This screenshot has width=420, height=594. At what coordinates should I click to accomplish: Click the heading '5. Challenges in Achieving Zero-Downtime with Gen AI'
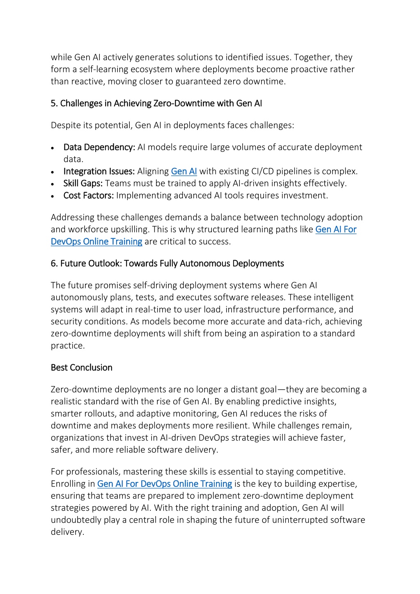point(156,103)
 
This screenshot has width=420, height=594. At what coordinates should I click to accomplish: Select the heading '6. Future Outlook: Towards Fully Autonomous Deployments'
point(167,264)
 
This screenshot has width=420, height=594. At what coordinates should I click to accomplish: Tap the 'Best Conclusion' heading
point(81,367)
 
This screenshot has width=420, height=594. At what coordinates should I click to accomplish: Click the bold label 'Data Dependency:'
point(99,147)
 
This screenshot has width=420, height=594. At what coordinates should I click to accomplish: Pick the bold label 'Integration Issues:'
point(99,172)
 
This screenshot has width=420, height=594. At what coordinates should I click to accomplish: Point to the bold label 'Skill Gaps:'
point(83,183)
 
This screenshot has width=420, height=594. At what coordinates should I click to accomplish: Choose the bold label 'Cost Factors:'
point(88,195)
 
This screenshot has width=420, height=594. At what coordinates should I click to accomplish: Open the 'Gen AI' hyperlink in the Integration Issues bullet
point(184,172)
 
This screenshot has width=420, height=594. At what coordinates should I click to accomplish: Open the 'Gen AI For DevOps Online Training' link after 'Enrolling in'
point(165,484)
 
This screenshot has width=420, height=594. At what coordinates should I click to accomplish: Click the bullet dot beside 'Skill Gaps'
point(53,184)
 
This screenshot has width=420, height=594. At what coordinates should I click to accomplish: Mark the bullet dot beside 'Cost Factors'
point(53,196)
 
